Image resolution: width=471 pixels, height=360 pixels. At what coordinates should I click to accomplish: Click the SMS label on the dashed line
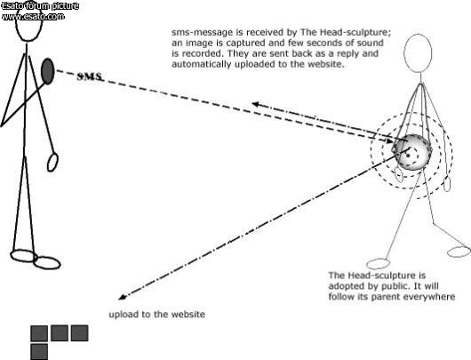pyautogui.click(x=90, y=76)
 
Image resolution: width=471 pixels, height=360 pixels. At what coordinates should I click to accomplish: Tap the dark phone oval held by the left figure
pyautogui.click(x=47, y=71)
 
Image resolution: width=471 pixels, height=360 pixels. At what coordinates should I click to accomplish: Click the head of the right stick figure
pyautogui.click(x=418, y=53)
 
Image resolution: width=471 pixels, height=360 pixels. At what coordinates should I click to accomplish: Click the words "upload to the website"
pyautogui.click(x=156, y=315)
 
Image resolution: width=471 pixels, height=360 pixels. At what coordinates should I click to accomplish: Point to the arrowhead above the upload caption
pyautogui.click(x=122, y=297)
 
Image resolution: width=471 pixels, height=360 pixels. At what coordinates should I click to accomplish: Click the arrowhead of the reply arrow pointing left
pyautogui.click(x=255, y=104)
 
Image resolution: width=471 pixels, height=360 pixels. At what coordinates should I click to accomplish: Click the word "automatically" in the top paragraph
pyautogui.click(x=201, y=64)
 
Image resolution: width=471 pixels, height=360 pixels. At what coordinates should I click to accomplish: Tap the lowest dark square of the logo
pyautogui.click(x=39, y=352)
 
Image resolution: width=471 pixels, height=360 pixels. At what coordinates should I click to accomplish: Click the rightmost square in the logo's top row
pyautogui.click(x=80, y=333)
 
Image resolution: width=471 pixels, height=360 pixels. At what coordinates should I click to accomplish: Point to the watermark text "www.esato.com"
pyautogui.click(x=33, y=16)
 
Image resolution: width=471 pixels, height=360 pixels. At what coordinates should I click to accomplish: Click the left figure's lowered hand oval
pyautogui.click(x=52, y=163)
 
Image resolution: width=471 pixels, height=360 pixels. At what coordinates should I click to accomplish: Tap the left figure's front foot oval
pyautogui.click(x=47, y=262)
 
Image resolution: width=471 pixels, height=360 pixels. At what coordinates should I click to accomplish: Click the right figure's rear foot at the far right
pyautogui.click(x=459, y=252)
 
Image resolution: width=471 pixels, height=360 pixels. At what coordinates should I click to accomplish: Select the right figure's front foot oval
pyautogui.click(x=379, y=264)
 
